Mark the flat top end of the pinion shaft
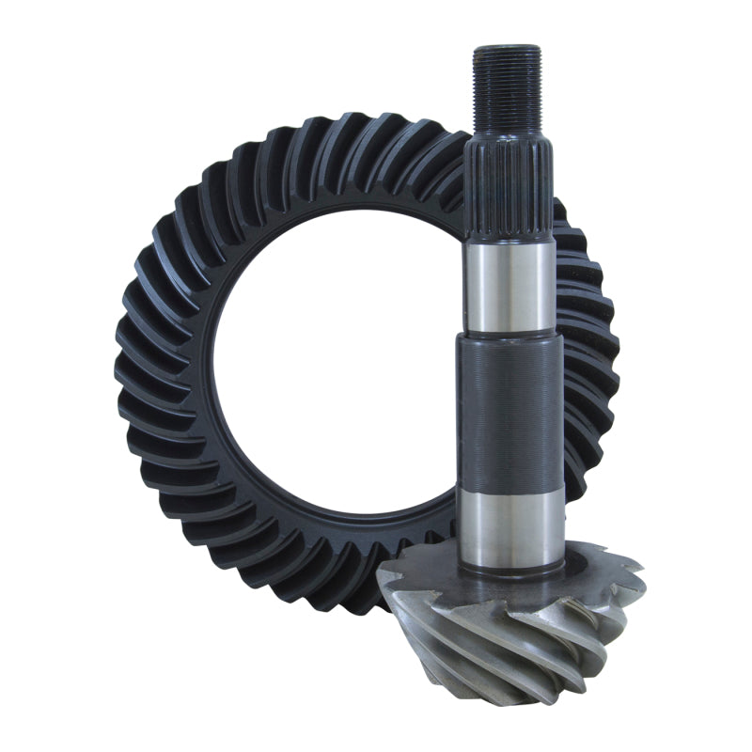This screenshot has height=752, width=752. [x=507, y=48]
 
